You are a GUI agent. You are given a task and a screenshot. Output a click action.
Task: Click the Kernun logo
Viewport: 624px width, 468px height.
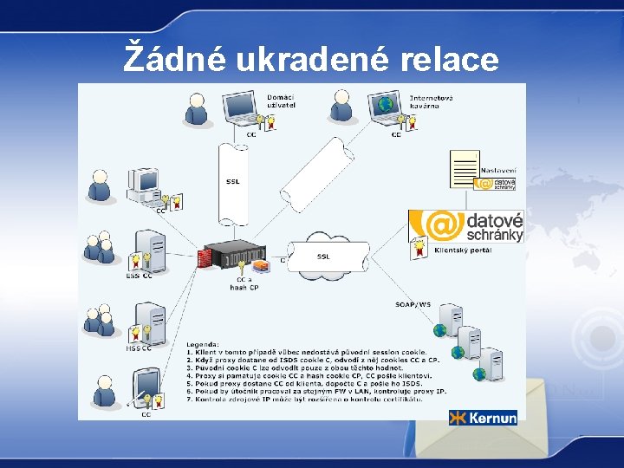[483, 418]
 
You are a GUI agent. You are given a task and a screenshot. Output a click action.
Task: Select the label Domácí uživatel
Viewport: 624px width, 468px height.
[281, 100]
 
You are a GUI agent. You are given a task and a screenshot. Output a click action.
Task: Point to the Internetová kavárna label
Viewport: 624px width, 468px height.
[431, 103]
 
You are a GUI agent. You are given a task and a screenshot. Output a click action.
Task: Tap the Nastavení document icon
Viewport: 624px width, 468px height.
[465, 168]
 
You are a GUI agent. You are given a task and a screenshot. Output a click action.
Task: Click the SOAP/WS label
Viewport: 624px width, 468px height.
[413, 303]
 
